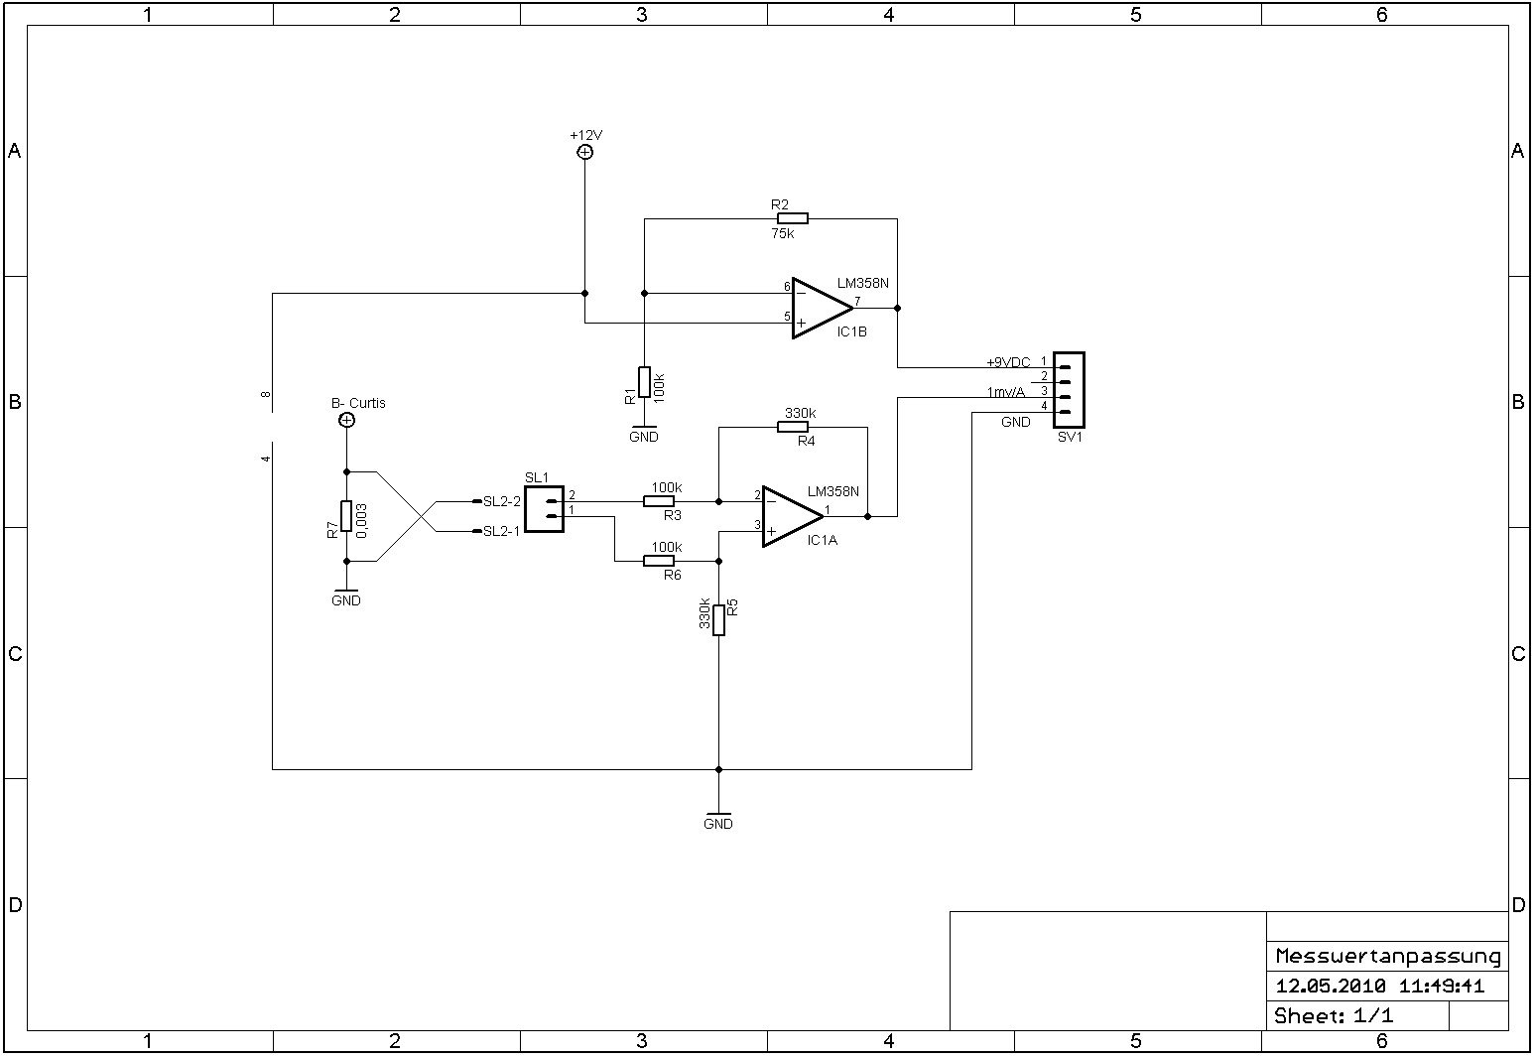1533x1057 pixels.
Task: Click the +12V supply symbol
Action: click(584, 152)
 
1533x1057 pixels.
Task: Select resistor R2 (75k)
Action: click(792, 218)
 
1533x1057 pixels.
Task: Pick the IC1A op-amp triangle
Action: click(791, 516)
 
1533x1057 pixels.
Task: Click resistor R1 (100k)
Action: click(644, 382)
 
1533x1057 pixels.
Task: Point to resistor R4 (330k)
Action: click(792, 427)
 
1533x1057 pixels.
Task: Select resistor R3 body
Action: click(659, 501)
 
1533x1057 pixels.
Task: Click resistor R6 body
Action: click(659, 561)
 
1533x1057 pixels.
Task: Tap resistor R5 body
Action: click(718, 619)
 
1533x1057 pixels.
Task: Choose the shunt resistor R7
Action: click(346, 516)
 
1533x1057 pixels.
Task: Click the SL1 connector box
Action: click(544, 508)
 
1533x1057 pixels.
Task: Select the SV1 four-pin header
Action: click(1069, 390)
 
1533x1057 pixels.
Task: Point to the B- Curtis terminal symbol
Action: click(346, 421)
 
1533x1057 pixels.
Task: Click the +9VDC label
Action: click(1008, 362)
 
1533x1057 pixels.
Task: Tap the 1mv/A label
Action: click(1006, 392)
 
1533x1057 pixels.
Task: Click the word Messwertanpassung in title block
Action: click(1387, 957)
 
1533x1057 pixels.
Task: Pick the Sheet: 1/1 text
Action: click(1334, 1016)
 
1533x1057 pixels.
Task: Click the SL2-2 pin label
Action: click(501, 501)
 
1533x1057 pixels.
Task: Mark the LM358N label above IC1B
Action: click(863, 283)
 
